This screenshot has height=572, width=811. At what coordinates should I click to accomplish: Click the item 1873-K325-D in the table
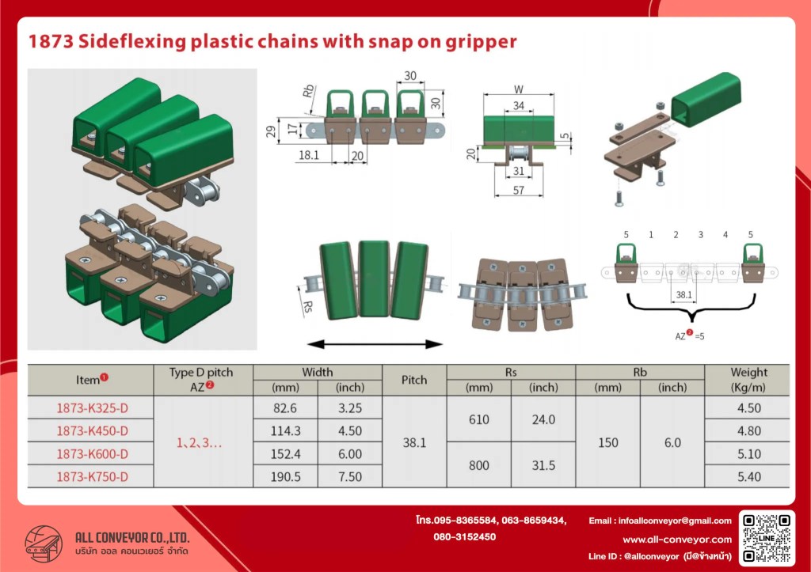[92, 408]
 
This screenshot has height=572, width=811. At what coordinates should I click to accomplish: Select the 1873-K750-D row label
[92, 477]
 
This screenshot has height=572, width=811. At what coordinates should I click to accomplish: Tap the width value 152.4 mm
[285, 454]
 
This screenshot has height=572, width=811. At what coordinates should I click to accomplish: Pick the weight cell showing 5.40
[748, 477]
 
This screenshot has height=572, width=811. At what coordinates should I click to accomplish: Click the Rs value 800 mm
[479, 465]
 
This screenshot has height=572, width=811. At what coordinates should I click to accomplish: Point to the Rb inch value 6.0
[672, 443]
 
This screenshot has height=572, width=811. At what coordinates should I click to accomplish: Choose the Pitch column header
[414, 380]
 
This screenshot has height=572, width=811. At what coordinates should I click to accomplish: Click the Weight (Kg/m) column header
[748, 380]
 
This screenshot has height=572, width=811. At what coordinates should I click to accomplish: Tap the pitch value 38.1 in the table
[414, 443]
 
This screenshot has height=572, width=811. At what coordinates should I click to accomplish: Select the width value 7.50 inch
[350, 477]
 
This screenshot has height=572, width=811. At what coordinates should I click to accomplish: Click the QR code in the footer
[767, 537]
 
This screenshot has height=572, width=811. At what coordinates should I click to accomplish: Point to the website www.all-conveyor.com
[677, 540]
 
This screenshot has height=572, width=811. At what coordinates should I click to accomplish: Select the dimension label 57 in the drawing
[518, 190]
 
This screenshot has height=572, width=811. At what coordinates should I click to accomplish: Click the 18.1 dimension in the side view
[309, 154]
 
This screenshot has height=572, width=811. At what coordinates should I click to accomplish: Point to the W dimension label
[519, 89]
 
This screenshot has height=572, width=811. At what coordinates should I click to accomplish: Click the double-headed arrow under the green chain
[375, 344]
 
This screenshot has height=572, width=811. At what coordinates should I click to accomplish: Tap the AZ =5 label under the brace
[690, 335]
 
